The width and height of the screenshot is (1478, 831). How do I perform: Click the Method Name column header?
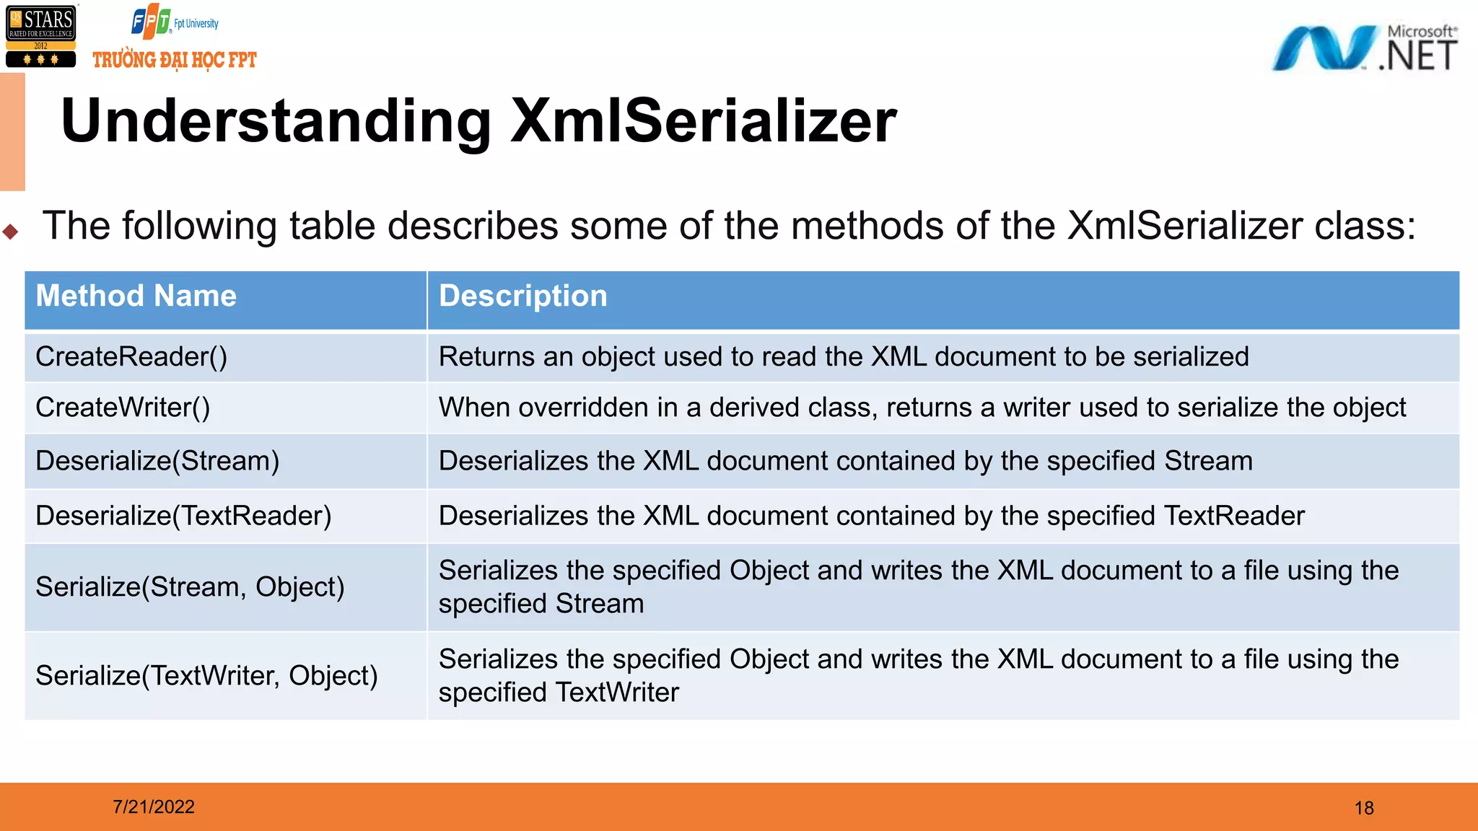click(136, 296)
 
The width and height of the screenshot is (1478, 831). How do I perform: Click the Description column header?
click(523, 296)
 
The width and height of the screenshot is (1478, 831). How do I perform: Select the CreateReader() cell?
click(131, 356)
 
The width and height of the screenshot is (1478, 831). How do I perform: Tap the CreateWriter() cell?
click(123, 408)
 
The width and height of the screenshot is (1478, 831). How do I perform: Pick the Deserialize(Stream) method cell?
click(157, 461)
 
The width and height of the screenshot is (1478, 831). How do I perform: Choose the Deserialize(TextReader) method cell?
click(183, 516)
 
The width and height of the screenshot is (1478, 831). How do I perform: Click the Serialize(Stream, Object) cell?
click(190, 587)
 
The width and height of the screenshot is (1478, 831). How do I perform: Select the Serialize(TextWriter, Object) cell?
click(206, 676)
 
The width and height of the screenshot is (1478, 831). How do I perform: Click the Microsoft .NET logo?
click(1364, 48)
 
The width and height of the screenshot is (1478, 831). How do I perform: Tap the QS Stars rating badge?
click(41, 36)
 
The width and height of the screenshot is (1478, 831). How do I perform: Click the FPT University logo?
click(174, 22)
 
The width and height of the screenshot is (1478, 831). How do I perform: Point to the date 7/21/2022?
click(154, 806)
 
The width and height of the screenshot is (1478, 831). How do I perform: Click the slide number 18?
click(1363, 808)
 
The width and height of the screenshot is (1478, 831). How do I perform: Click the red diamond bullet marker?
click(10, 232)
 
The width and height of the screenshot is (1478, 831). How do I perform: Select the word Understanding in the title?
click(276, 120)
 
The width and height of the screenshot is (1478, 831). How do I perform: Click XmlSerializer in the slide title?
click(703, 120)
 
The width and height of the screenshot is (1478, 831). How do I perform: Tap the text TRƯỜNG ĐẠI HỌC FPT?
click(175, 60)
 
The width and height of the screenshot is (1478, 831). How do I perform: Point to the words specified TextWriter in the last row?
click(559, 692)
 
